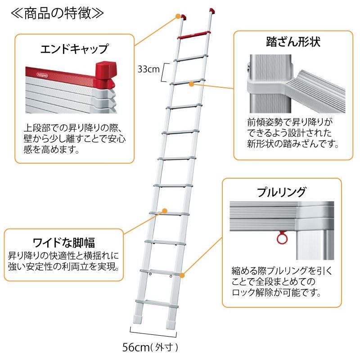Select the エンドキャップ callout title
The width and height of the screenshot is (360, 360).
click(x=74, y=48)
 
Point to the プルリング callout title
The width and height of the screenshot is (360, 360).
click(x=281, y=192)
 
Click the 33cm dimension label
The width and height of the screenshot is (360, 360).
click(x=148, y=69)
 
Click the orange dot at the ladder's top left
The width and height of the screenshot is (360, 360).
click(x=178, y=17)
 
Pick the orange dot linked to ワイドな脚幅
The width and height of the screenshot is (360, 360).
click(x=164, y=210)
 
